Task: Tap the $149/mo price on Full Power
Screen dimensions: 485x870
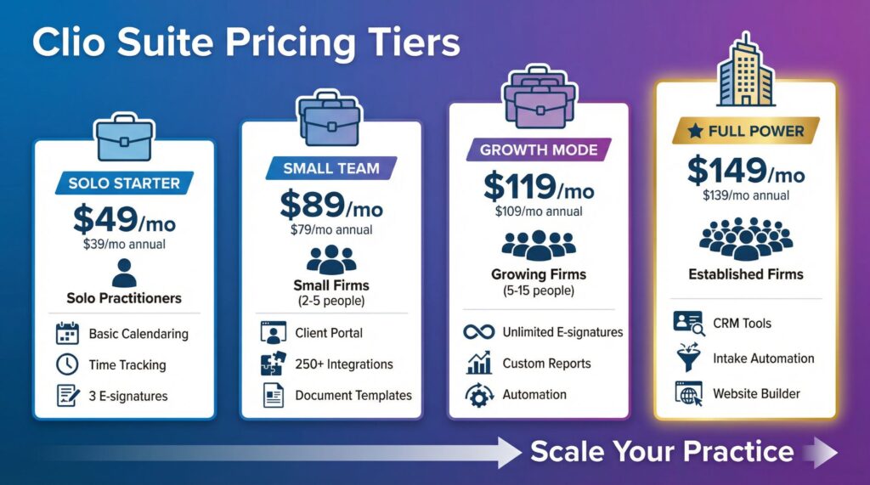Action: (745, 172)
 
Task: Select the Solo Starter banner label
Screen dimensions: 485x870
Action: (124, 183)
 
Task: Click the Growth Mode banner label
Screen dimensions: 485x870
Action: (539, 150)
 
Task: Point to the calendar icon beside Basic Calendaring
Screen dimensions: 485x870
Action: (66, 334)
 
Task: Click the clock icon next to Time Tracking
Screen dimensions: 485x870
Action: (66, 365)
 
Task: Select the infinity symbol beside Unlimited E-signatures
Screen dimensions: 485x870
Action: (479, 332)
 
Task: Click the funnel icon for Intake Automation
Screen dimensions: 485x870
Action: (686, 358)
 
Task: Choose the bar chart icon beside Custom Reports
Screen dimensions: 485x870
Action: (479, 364)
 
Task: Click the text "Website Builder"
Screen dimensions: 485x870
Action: (756, 394)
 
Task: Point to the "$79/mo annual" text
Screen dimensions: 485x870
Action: (331, 229)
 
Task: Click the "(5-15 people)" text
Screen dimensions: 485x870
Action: (540, 290)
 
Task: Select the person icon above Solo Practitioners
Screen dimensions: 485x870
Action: (124, 274)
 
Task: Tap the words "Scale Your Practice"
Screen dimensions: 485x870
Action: (662, 451)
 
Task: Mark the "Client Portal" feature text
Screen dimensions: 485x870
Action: (329, 333)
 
